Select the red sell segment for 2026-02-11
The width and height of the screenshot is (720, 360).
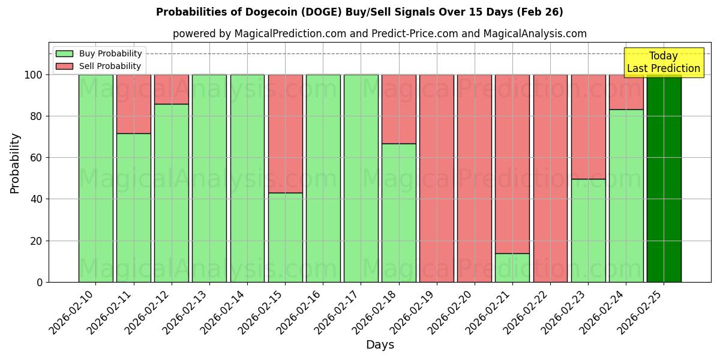tap(133, 104)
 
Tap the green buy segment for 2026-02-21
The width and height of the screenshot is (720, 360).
tap(512, 268)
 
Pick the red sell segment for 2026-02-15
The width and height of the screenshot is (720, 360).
tap(285, 133)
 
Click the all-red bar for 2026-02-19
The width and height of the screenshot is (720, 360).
tap(437, 178)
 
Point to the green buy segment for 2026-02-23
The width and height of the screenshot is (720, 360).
tap(588, 230)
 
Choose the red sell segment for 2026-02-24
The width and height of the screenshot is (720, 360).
tap(626, 92)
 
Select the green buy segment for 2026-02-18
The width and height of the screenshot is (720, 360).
tap(398, 212)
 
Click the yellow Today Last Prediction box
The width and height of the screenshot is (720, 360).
tap(663, 62)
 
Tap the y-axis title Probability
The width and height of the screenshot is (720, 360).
tap(16, 163)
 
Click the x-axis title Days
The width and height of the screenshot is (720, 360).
tap(380, 345)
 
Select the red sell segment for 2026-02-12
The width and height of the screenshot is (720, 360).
tap(171, 89)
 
